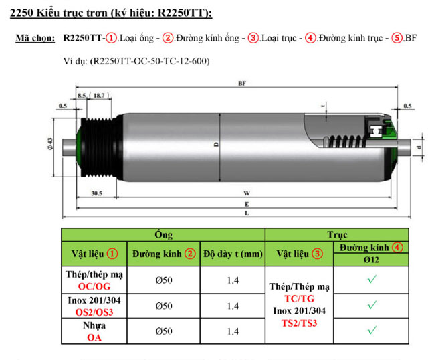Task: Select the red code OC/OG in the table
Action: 94,286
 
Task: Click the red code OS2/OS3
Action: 94,311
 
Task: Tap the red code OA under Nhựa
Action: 94,337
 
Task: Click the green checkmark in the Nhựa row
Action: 372,330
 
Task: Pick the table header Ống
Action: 163,234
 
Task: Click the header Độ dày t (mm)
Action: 233,254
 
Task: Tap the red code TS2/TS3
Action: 299,322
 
